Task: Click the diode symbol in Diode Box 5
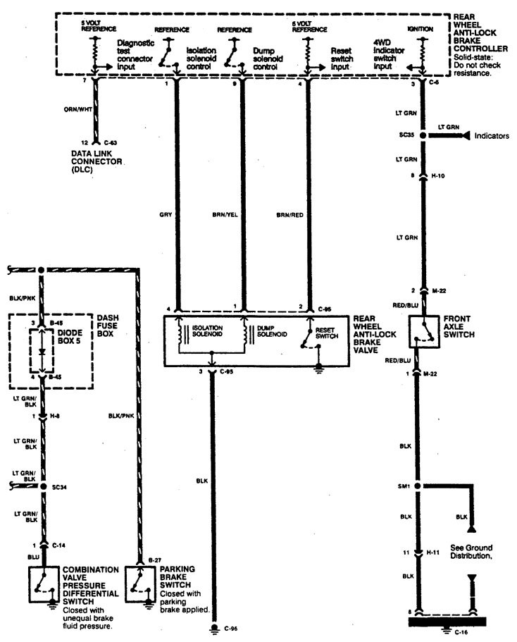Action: [42, 350]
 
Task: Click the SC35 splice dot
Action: [423, 135]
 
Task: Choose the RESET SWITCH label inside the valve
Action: [327, 332]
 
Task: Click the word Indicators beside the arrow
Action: [491, 135]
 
